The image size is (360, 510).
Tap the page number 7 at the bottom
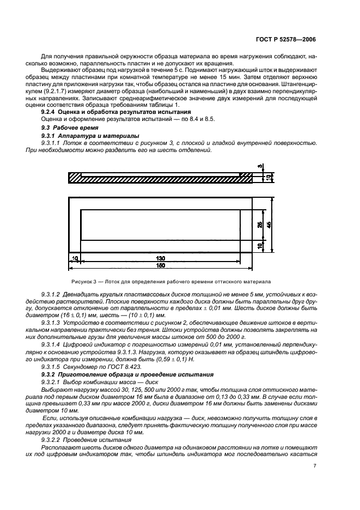coord(315,466)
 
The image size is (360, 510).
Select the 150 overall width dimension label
coord(160,265)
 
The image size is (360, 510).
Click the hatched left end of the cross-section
coord(75,178)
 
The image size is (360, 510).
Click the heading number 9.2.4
coord(50,112)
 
